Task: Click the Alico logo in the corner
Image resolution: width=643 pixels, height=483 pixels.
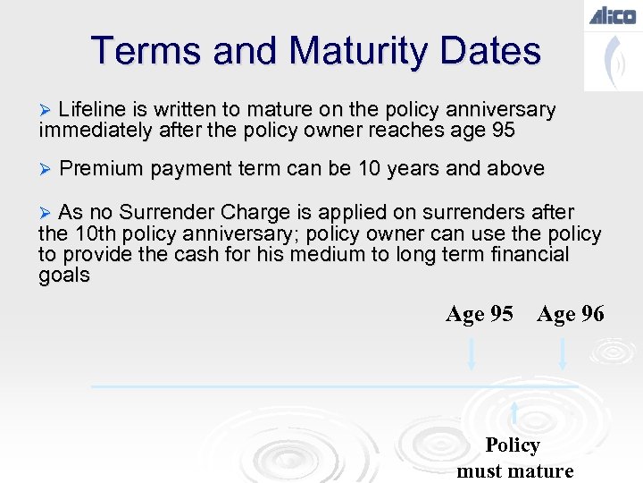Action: coord(612,15)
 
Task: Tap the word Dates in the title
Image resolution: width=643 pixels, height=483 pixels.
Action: coord(496,51)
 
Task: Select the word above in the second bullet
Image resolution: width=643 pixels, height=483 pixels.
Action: coord(515,169)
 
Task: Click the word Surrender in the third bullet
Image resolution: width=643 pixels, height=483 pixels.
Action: coord(167,213)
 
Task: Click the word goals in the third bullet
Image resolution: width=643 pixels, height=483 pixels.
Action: coord(64,275)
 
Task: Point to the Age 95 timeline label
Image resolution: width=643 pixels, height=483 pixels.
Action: coord(480,314)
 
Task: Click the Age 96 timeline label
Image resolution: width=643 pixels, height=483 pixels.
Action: coord(571,314)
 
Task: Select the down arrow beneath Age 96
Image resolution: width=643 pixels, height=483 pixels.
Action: coord(563,352)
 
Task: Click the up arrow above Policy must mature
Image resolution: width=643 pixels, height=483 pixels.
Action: coord(514,413)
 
